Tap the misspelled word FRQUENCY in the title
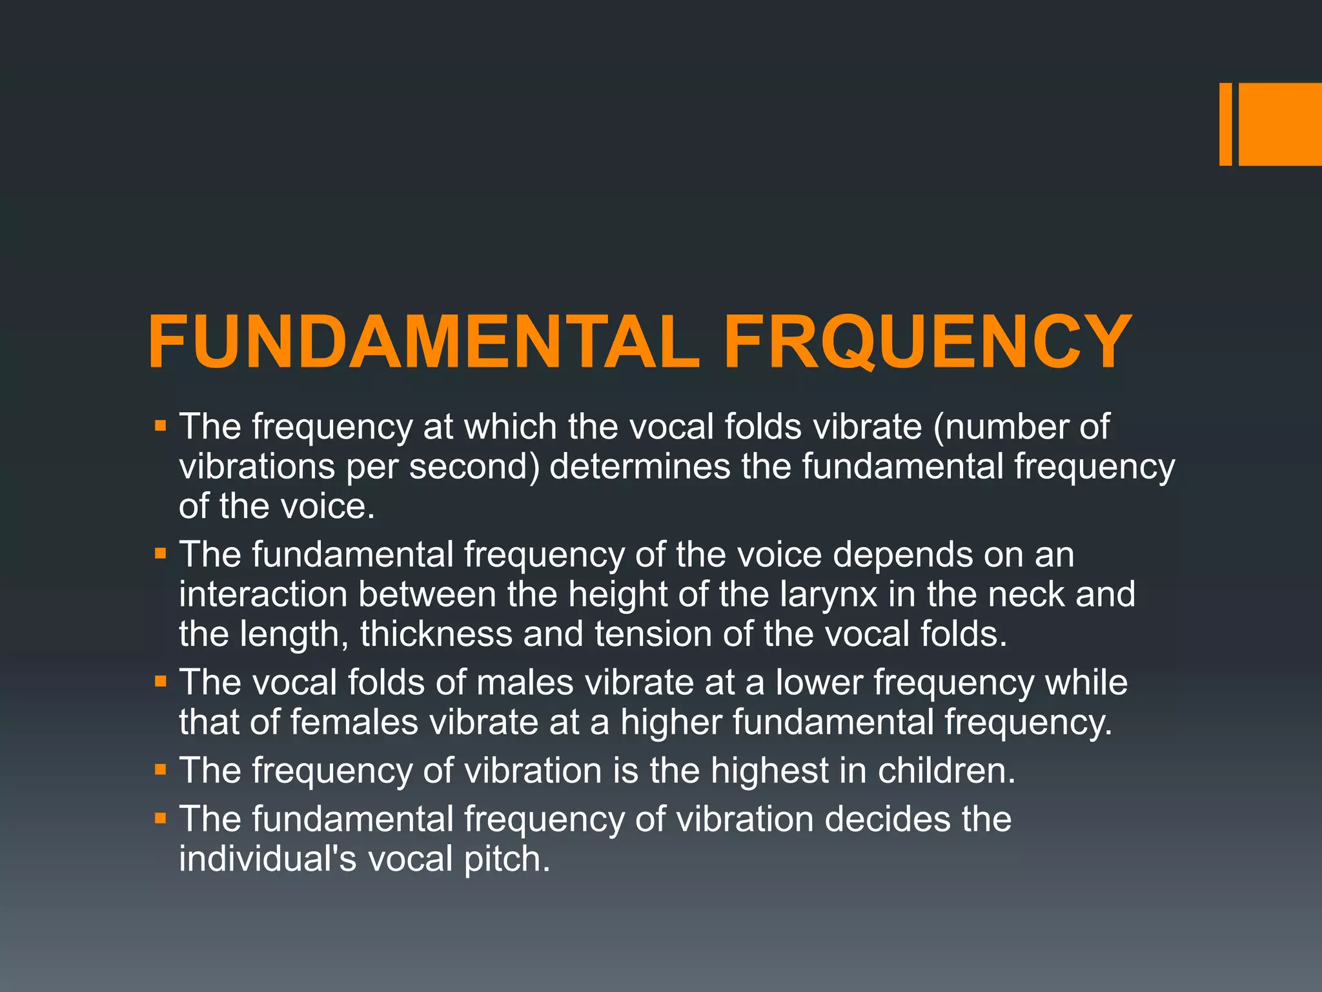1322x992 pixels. [928, 342]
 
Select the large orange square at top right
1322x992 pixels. [1280, 124]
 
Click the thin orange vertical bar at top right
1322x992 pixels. [1225, 124]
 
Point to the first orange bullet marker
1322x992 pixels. [161, 426]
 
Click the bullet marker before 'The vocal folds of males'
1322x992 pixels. [161, 681]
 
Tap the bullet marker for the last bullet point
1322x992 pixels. [161, 818]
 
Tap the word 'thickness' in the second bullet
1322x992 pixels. [436, 634]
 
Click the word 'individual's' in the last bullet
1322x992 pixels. [268, 859]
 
